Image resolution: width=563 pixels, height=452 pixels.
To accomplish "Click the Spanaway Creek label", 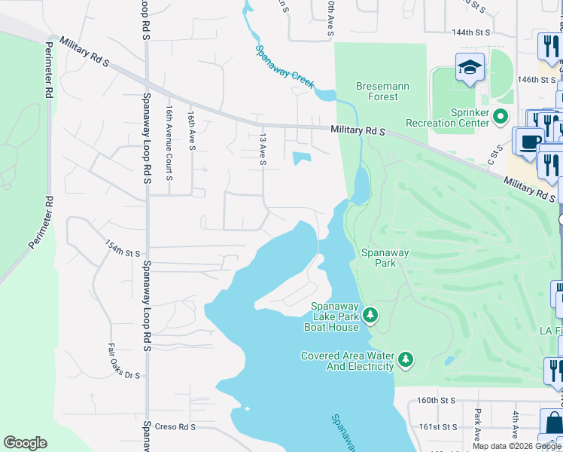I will pos(285,66).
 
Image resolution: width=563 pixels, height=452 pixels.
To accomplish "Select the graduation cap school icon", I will pos(470,68).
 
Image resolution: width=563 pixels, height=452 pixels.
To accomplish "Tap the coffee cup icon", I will pos(528,141).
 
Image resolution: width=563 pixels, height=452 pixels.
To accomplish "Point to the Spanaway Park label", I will pos(385,258).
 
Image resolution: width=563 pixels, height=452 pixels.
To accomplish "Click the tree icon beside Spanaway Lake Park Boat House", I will pos(370,313).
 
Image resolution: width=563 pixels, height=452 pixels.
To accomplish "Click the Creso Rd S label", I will pos(175,426).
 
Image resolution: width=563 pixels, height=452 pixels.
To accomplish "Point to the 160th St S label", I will pos(437,401).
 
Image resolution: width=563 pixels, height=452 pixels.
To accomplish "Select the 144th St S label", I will pos(471,33).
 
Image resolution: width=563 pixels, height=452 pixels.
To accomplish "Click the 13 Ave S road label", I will pos(263,151).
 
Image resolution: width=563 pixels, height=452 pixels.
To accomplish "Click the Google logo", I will pos(25,443).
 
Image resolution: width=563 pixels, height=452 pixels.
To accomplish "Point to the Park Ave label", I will pos(477,425).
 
